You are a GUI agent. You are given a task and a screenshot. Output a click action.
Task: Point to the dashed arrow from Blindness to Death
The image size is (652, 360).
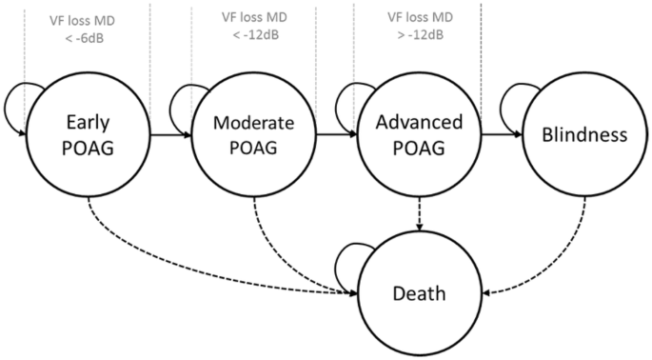click(x=552, y=257)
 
